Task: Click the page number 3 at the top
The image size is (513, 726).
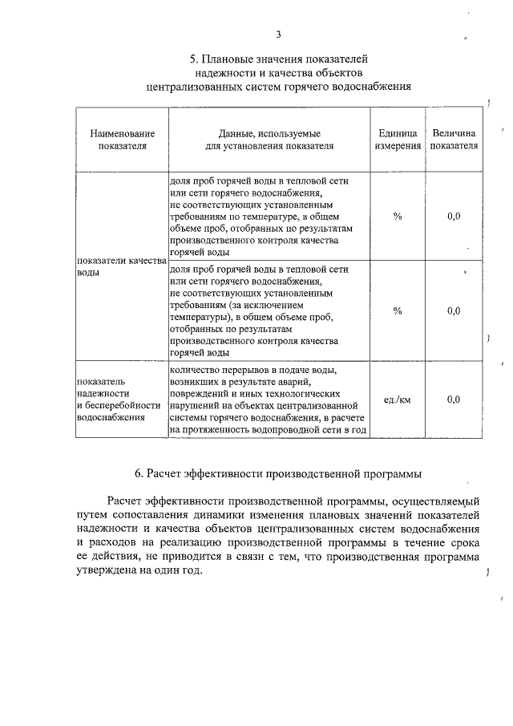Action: pos(278,34)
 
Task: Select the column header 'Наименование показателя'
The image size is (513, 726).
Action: pos(123,140)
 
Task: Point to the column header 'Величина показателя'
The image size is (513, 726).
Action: pos(454,140)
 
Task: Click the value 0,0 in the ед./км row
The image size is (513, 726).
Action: pos(454,400)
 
